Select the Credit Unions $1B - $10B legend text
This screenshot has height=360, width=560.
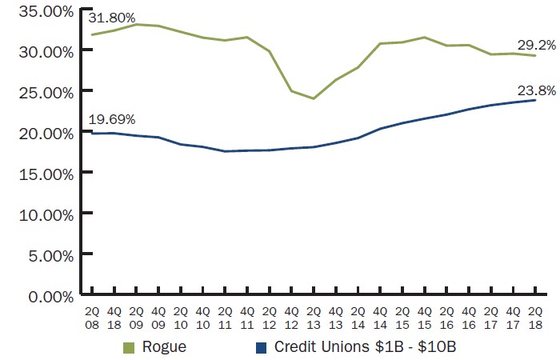click(364, 347)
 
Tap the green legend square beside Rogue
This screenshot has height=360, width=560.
click(129, 348)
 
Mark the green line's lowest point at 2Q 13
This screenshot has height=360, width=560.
click(314, 98)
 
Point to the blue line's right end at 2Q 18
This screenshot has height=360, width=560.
click(534, 100)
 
